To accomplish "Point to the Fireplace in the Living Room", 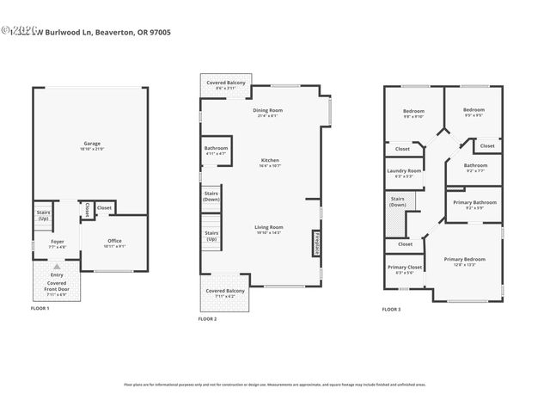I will [317, 243].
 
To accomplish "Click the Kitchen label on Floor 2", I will [270, 162].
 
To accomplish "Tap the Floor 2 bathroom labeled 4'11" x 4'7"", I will [216, 150].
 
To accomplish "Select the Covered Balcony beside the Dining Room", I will [224, 84].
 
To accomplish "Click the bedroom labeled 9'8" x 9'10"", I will [414, 113].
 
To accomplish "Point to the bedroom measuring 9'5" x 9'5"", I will [474, 112].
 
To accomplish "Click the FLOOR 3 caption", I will [392, 309].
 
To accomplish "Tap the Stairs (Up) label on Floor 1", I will [43, 215].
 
